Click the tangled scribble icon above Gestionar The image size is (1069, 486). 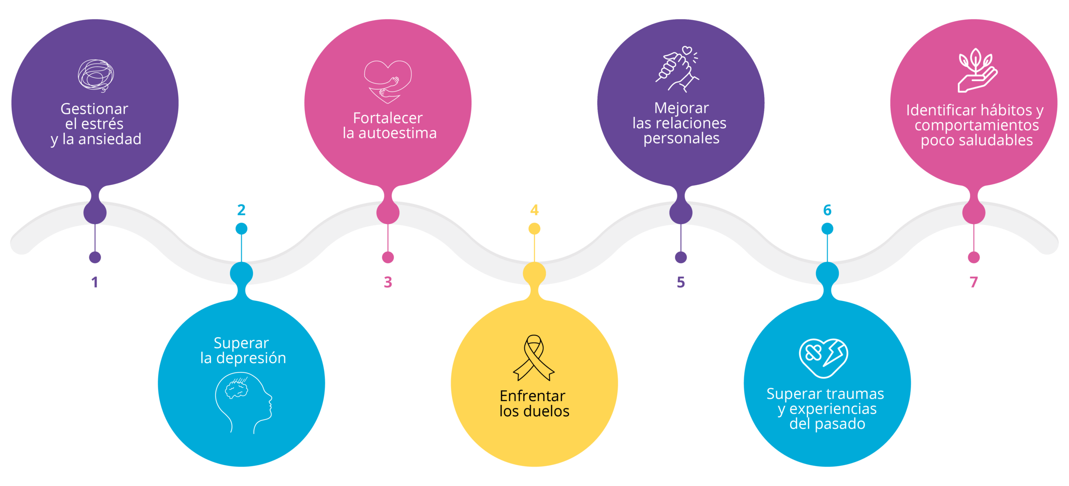coord(96,76)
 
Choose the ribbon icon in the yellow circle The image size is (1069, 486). coord(534,358)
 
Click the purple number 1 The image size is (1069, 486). coord(95,282)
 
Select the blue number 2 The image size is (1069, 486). coord(241,210)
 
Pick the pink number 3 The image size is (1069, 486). coord(388,282)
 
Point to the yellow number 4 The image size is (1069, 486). coord(534,210)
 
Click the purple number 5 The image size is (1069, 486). coord(681,282)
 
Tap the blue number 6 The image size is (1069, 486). coord(827,210)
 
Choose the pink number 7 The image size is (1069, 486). coord(974,282)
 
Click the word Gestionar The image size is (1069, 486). coord(94,109)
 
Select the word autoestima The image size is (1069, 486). coord(398,133)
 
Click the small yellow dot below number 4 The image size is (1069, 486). coord(534,229)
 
